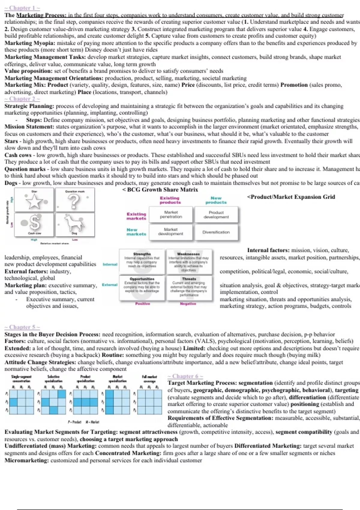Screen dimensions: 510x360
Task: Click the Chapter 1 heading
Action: click(22, 8)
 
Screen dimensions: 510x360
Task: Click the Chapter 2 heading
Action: click(22, 99)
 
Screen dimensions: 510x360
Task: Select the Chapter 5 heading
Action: click(22, 327)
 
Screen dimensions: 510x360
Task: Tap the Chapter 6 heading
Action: click(185, 376)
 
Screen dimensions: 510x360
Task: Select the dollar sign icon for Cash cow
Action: click(35, 223)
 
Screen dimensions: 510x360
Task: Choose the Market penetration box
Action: click(171, 214)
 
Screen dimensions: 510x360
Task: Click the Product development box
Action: click(216, 214)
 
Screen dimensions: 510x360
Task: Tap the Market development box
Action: click(171, 232)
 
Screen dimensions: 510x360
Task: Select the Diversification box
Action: click(216, 232)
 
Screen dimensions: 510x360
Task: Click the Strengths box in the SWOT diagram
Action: click(142, 260)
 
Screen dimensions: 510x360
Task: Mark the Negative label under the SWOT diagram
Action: click(188, 304)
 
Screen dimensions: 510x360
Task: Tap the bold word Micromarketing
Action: click(26, 460)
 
